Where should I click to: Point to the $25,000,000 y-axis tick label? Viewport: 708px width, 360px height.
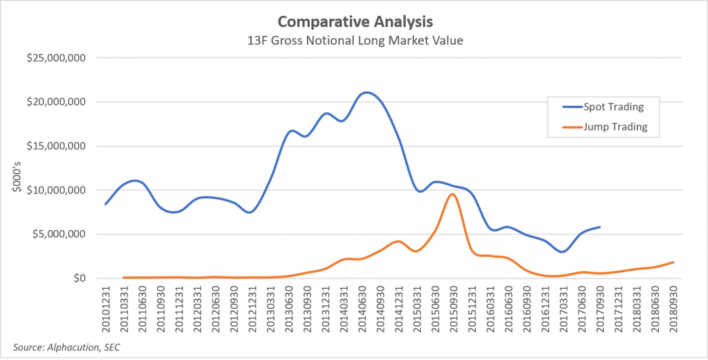point(56,58)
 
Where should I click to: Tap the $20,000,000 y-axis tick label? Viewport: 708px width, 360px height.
point(56,102)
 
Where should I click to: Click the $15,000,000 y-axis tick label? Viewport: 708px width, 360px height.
point(56,146)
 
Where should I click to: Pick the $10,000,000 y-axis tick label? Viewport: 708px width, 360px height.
point(56,190)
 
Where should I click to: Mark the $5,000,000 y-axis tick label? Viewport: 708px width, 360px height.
point(59,234)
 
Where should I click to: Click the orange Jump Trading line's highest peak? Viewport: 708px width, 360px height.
point(452,194)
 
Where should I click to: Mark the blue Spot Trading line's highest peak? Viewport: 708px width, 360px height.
point(366,92)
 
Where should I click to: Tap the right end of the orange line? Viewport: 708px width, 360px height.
point(673,262)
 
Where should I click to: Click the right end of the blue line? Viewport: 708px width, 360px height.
point(599,227)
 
